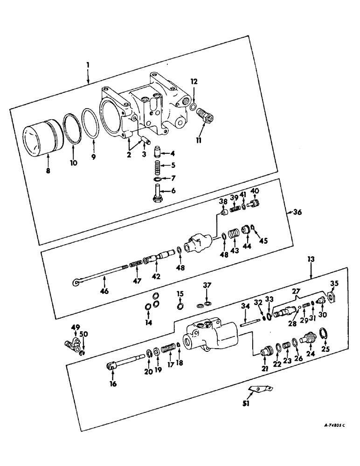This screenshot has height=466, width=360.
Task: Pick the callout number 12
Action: click(194, 82)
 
